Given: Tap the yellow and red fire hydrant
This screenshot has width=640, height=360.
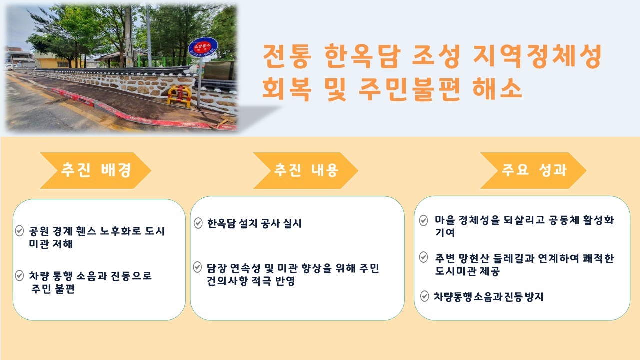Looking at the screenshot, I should click(x=179, y=94).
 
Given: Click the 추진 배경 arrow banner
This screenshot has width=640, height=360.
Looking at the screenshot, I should click(x=95, y=170).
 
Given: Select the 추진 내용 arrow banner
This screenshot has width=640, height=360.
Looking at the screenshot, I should click(x=305, y=170).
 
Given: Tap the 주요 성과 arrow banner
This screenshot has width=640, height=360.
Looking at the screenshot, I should click(x=533, y=170).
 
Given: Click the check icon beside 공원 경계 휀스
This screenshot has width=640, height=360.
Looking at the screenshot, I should click(x=20, y=231).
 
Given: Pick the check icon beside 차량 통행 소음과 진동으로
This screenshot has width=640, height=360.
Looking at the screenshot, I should click(x=20, y=275).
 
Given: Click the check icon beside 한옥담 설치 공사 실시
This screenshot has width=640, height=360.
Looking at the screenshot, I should click(x=198, y=223).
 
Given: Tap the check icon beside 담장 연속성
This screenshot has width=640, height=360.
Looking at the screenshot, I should click(x=198, y=267).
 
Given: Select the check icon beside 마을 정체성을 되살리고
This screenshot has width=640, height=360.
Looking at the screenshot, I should click(x=423, y=220).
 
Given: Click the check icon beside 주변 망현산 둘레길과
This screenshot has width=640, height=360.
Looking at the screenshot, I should click(x=423, y=257).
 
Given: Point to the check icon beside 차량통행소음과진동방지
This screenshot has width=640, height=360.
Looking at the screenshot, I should click(x=424, y=296).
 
